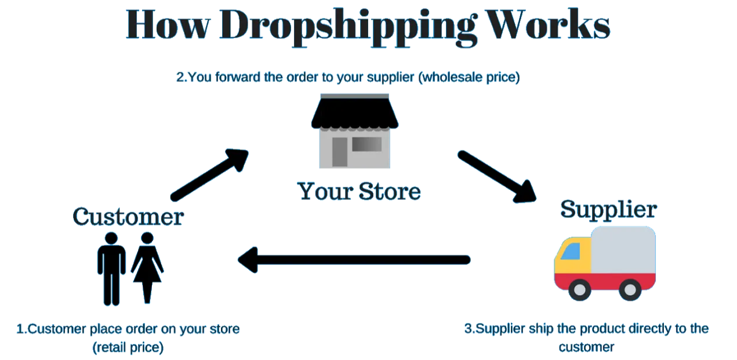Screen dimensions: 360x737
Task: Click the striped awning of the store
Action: [354, 113]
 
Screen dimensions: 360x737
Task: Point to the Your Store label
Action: [359, 191]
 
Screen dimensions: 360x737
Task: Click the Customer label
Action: [128, 217]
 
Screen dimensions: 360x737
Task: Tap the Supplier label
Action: [608, 209]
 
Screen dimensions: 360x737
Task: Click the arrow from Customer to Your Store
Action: [209, 174]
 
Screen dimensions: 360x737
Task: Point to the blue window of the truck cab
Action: [572, 251]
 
